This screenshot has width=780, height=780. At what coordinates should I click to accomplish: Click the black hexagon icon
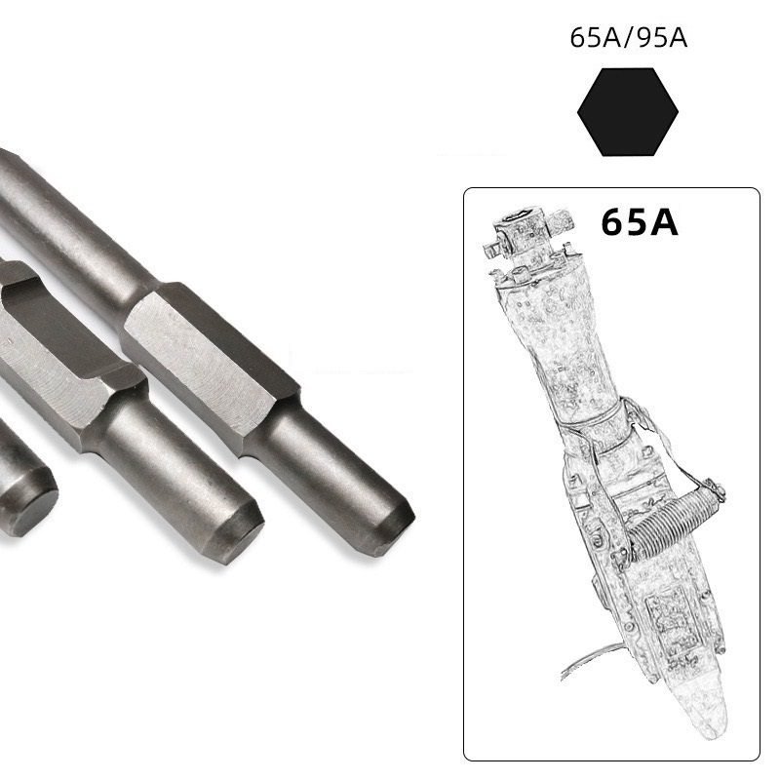pos(628,112)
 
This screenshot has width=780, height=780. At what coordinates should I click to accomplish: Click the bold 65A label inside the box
pos(640,221)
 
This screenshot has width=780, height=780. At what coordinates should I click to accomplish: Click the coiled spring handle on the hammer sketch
pos(667,526)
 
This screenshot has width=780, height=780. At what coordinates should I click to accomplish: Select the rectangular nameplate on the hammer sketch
pos(667,628)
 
